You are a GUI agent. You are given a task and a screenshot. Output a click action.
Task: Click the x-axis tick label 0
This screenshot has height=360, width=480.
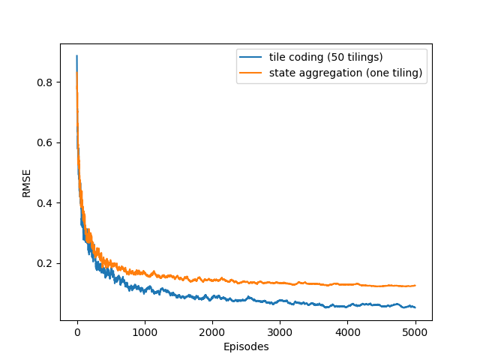coord(77,332)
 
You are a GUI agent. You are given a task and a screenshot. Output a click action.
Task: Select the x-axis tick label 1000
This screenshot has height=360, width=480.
coord(145,332)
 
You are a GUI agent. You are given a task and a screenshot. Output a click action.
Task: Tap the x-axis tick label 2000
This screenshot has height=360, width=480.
coord(212,332)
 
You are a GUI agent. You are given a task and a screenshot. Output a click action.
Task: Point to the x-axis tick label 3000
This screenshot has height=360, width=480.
coord(280,332)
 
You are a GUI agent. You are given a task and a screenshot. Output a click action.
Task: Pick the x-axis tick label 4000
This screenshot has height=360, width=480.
coord(347,332)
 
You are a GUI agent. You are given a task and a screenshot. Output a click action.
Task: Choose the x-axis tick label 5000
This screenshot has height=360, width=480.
coord(415,332)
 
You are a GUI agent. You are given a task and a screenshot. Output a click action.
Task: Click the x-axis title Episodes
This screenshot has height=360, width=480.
coord(246,346)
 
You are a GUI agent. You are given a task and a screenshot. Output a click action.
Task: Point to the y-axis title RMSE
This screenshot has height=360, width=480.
coord(27,182)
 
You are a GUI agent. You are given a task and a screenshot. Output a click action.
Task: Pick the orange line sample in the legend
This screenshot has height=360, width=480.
coord(250,73)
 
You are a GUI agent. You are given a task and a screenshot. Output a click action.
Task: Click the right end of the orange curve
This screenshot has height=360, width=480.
coord(415,285)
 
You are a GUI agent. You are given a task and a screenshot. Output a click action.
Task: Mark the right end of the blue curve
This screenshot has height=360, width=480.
coord(415,307)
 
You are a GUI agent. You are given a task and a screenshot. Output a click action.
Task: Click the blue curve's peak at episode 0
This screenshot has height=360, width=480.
coord(76,55)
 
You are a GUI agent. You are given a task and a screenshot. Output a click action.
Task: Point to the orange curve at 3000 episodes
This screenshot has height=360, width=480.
coord(280,283)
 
